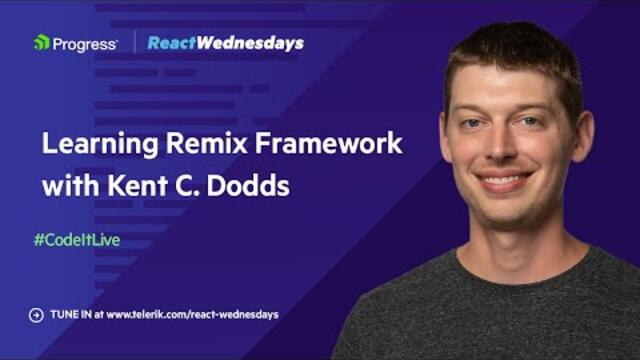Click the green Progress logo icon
41,43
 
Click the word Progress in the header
85,43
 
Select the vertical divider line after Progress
133,43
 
